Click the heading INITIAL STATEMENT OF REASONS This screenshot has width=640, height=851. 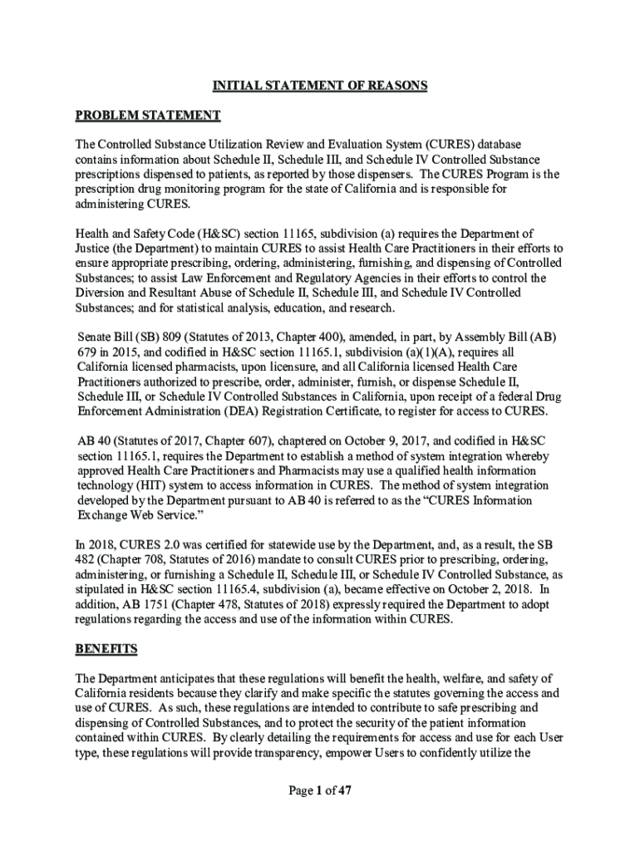[320, 86]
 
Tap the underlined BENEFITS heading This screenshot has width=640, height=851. [106, 648]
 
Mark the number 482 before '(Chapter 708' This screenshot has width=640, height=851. [86, 558]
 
